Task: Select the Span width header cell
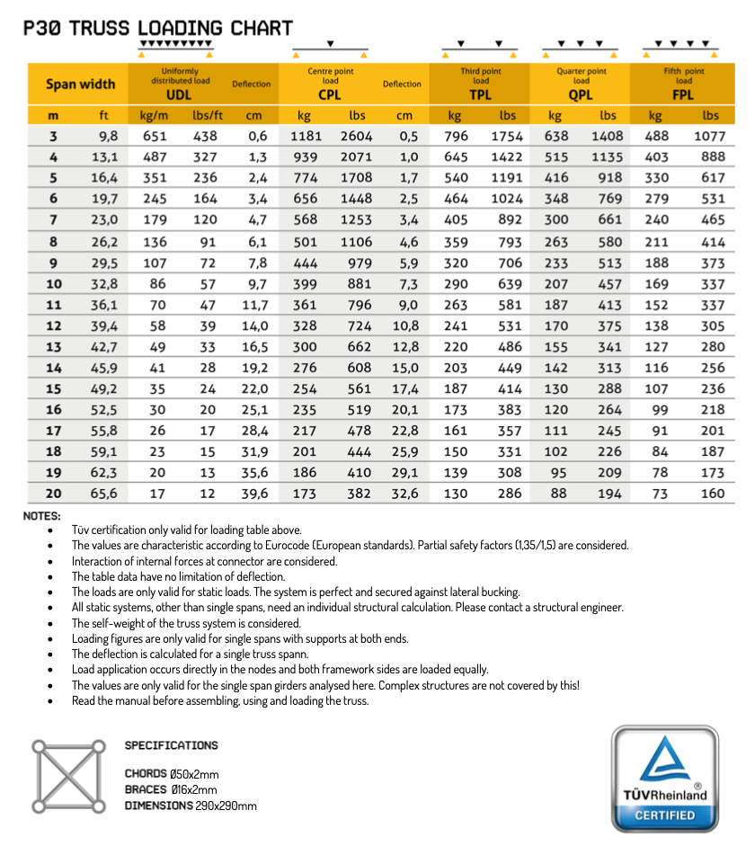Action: [80, 85]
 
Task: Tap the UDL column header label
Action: [180, 94]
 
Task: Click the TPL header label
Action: [480, 94]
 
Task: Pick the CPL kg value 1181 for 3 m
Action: [306, 137]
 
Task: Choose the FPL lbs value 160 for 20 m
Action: [711, 493]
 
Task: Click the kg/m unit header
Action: [155, 115]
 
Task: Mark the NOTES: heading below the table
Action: [42, 515]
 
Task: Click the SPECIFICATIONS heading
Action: [171, 745]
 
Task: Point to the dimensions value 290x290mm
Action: [226, 806]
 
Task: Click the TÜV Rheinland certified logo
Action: [665, 778]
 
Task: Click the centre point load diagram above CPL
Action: [331, 49]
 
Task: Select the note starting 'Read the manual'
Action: [220, 699]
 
